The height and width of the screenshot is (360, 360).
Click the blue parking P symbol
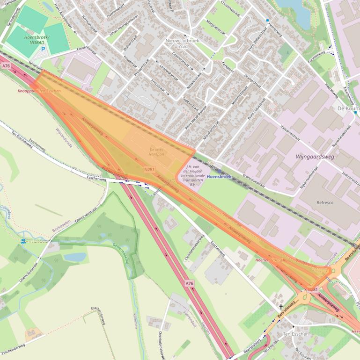44,49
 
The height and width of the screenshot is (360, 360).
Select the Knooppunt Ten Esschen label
39,91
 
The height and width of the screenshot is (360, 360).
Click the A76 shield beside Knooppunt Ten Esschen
6,66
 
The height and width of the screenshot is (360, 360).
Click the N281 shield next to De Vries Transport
150,169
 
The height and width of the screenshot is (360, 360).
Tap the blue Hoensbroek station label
219,177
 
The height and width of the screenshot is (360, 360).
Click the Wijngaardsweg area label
315,157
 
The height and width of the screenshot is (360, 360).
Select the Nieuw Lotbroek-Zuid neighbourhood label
183,44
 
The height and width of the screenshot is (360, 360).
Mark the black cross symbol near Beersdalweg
281,307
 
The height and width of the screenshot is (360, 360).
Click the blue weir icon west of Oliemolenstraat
23,241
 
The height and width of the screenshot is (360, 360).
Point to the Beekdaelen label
61,226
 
